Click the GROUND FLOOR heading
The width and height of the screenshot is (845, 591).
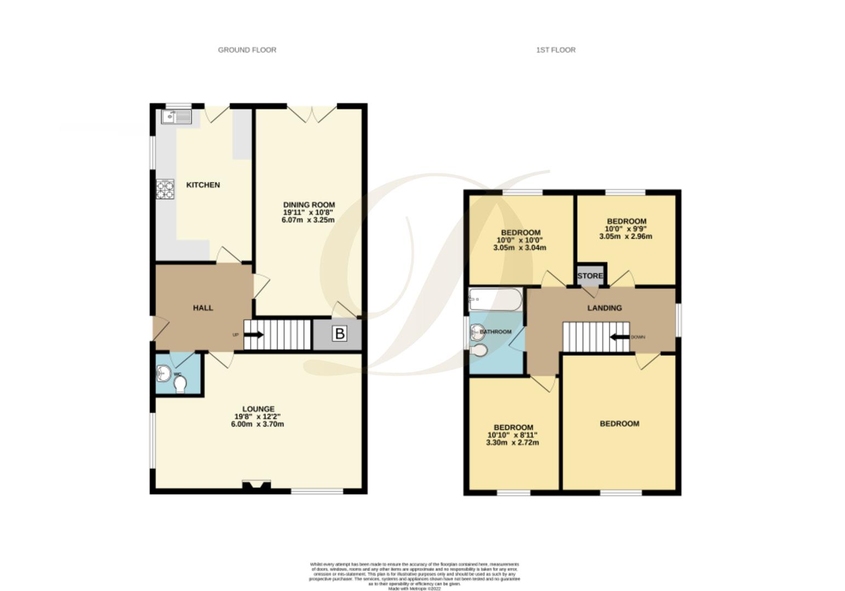coord(247,50)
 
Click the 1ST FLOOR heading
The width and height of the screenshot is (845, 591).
coord(555,50)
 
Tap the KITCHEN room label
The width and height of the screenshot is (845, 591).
coord(203,185)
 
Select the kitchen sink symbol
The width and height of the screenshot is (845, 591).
coord(176,117)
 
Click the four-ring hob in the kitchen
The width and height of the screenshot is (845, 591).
coord(165,189)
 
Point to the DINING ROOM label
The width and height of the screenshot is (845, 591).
coord(309,205)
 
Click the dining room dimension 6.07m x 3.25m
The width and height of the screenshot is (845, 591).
coord(308,220)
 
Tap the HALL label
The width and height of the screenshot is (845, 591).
coord(203,308)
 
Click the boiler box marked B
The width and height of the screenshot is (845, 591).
coord(340,333)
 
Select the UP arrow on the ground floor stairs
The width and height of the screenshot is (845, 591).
coord(255,335)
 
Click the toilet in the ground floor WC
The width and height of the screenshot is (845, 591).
coord(180,386)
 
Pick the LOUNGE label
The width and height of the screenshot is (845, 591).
coord(258,409)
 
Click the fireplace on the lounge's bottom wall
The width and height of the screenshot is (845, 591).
coord(256,485)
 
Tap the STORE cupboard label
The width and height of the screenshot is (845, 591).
coord(590,276)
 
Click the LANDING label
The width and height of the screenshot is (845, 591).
coord(605,308)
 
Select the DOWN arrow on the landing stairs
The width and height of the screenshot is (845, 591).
coord(620,337)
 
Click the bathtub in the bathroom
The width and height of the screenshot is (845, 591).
coord(495,300)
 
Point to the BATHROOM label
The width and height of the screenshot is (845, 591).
coord(496,332)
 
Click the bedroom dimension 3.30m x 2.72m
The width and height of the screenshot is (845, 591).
coord(512,442)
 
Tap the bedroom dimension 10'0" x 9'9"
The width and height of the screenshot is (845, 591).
coord(625,229)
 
